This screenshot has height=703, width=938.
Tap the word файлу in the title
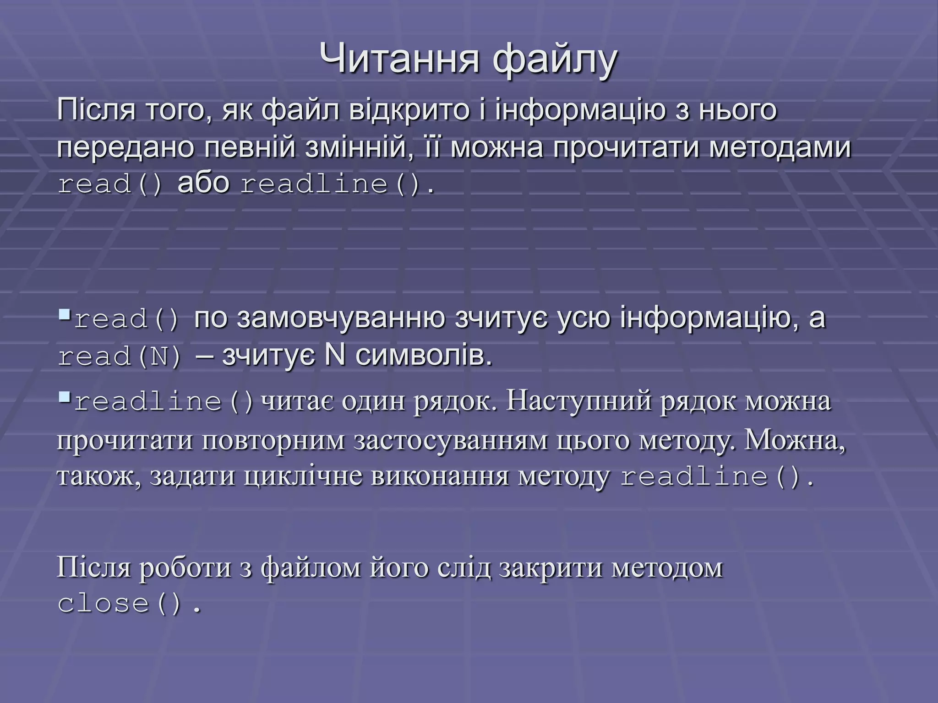[x=555, y=59]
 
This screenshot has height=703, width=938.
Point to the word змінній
[x=356, y=148]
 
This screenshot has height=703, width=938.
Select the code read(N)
[x=120, y=357]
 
